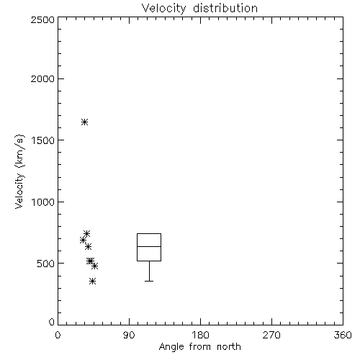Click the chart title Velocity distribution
tap(199, 9)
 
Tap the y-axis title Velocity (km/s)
tap(19, 171)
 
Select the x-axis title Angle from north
tap(199, 347)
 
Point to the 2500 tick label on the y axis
tap(42, 19)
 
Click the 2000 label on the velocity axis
tap(42, 78)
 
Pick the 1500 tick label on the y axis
tap(43, 140)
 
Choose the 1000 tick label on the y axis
tap(43, 202)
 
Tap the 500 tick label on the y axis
tap(46, 264)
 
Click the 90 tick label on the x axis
tap(129, 335)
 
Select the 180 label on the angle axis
tap(200, 335)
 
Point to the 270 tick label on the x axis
tap(271, 335)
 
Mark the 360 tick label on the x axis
tap(343, 335)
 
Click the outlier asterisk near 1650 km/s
tap(84, 122)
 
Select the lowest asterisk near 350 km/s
tap(93, 282)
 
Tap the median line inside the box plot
tap(149, 246)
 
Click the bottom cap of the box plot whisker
tap(149, 281)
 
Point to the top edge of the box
tap(149, 233)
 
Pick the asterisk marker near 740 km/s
tap(87, 233)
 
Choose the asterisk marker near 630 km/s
tap(88, 246)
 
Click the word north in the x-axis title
tap(229, 347)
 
